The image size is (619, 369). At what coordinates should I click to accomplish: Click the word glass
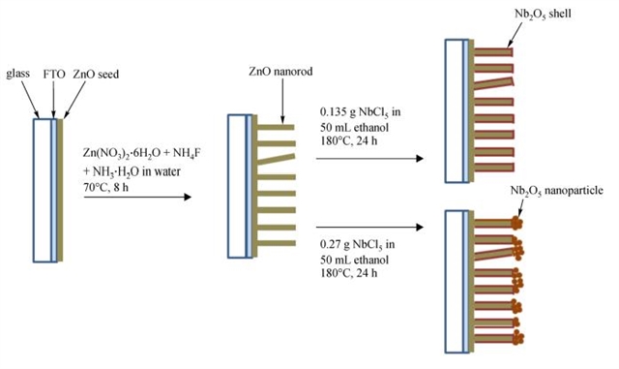click(x=17, y=74)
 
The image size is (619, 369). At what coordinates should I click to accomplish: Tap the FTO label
click(x=54, y=74)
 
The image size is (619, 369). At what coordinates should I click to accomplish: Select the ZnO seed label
click(x=96, y=74)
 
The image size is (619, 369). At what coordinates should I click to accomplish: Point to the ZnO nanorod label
click(x=280, y=72)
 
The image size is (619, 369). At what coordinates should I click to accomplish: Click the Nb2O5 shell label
click(x=543, y=14)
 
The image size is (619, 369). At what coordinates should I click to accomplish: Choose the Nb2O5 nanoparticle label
click(x=557, y=191)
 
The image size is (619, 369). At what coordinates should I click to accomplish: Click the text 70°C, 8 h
click(x=105, y=187)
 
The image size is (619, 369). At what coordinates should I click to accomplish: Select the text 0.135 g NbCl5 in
click(x=360, y=112)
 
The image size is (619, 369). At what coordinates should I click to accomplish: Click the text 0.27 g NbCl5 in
click(x=357, y=245)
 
